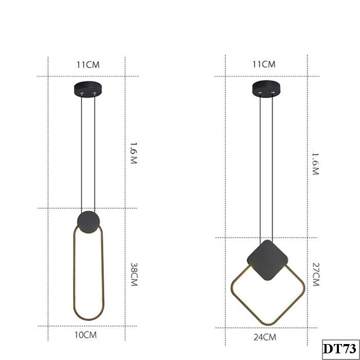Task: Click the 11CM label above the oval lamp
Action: (x=87, y=64)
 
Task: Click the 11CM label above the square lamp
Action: (x=264, y=64)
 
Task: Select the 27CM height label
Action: (x=315, y=275)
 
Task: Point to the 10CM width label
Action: (x=86, y=335)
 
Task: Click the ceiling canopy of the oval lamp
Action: (x=88, y=89)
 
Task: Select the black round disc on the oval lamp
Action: (x=87, y=222)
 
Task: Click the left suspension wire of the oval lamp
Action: (x=81, y=154)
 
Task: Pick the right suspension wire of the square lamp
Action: (x=272, y=165)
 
